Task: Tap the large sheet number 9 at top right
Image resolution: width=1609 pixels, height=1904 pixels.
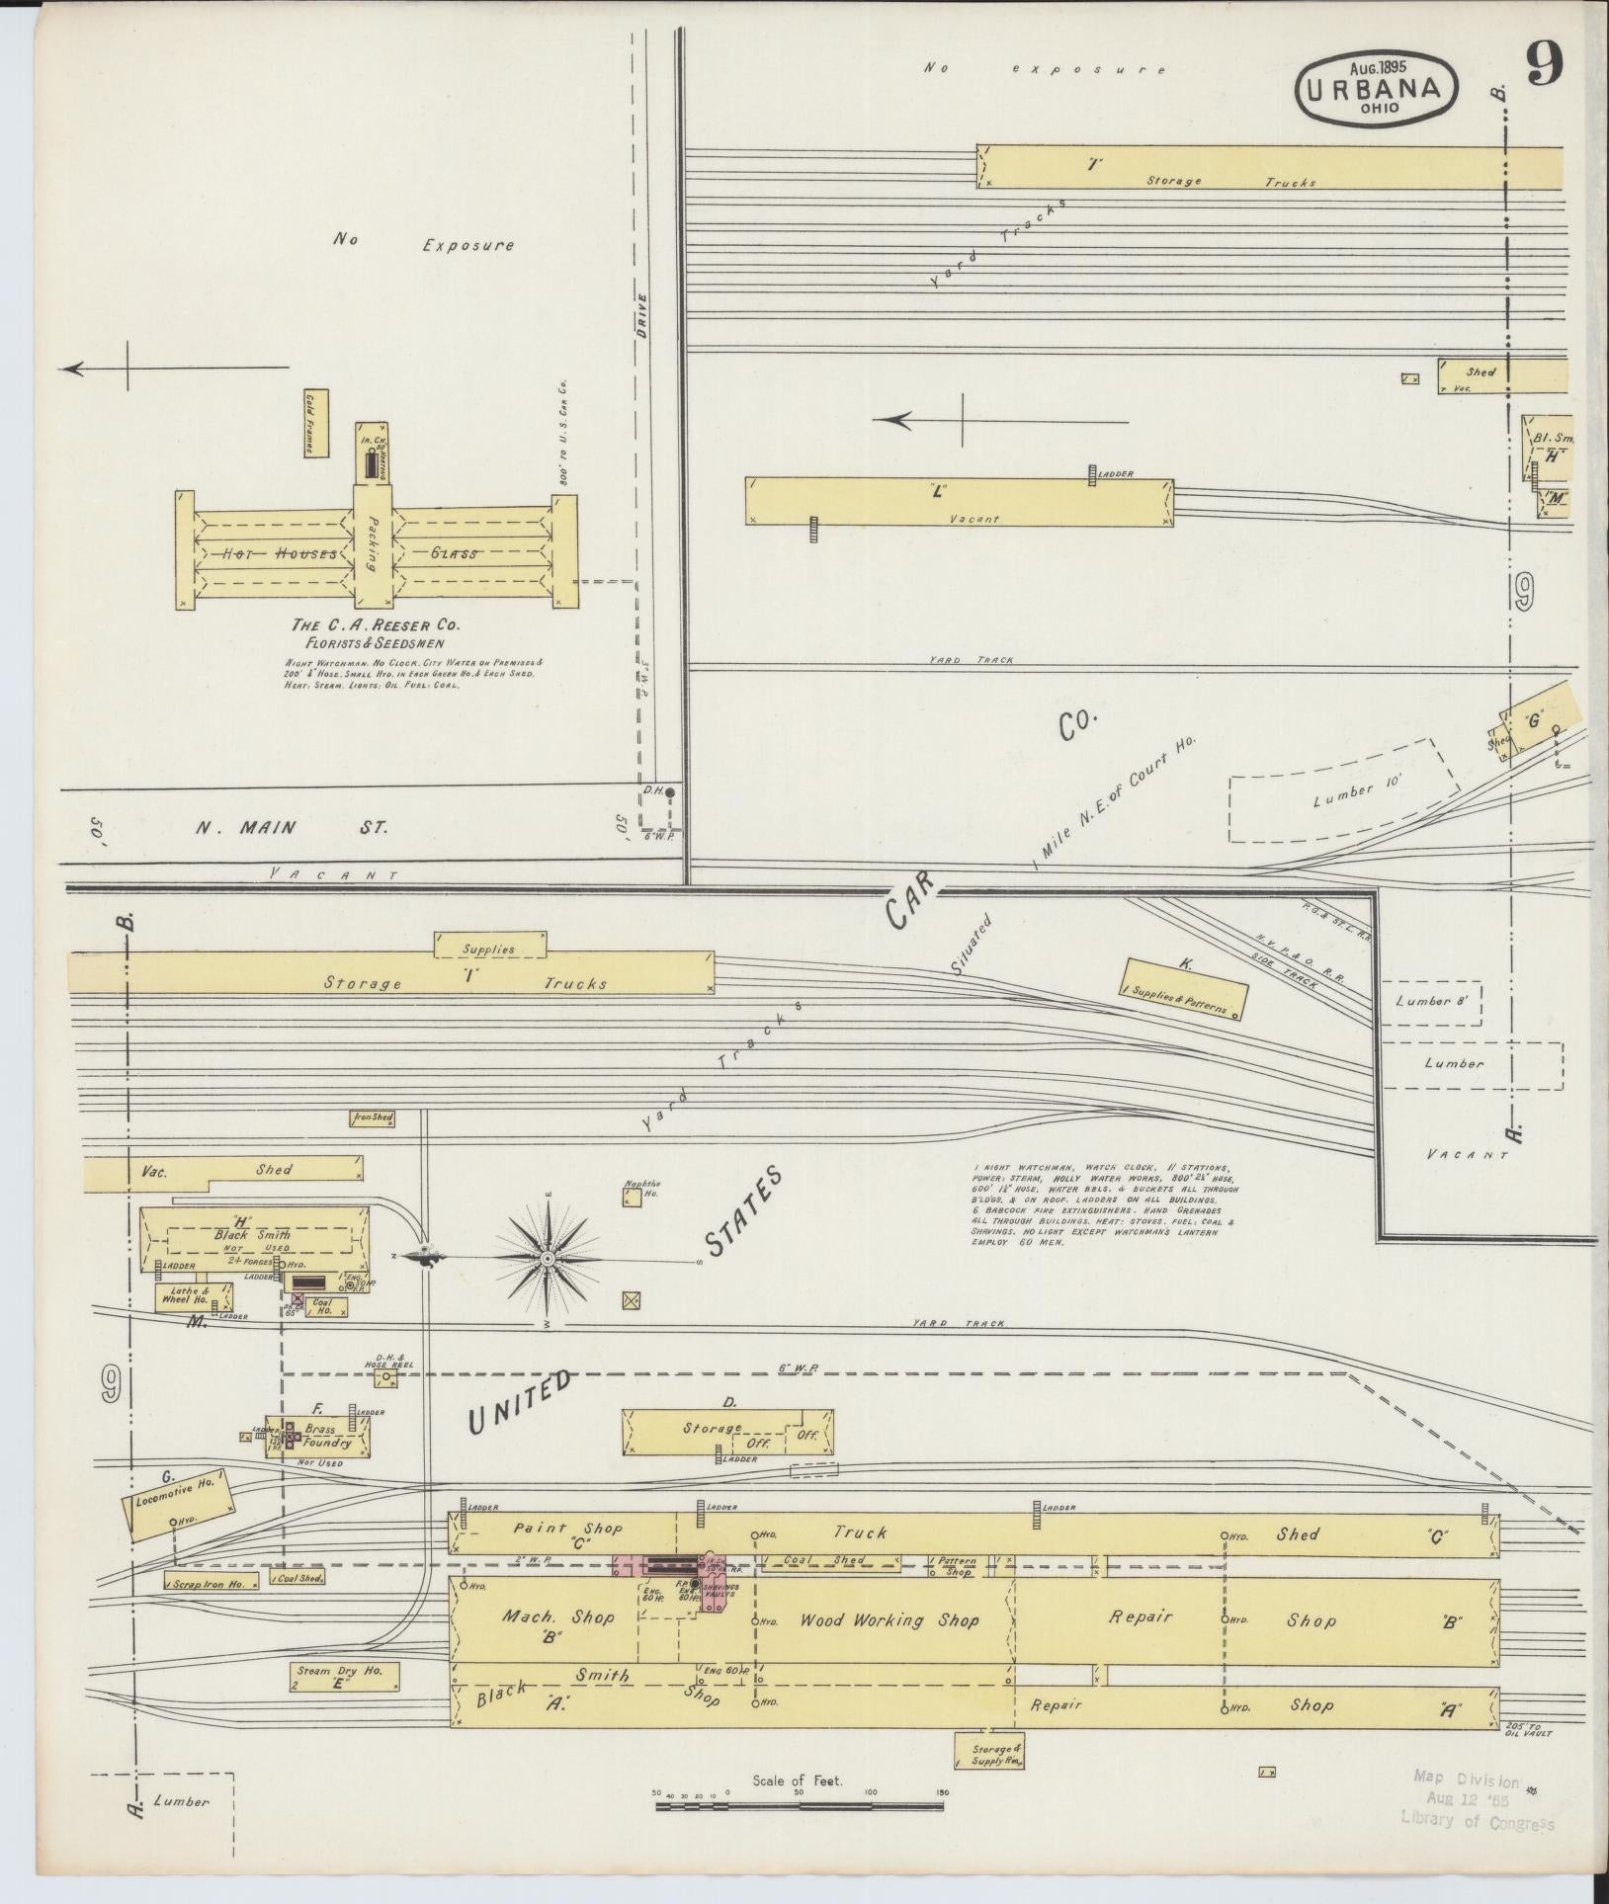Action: [x=1543, y=68]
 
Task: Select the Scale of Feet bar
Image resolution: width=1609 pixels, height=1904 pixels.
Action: [x=799, y=1806]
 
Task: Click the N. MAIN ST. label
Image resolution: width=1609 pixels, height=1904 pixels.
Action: [x=292, y=827]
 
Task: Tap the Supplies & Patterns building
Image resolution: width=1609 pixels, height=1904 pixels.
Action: [x=1182, y=988]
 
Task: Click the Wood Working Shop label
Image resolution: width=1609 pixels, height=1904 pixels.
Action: [x=889, y=1619]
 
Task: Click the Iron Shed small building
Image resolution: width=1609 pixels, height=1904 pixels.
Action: [x=373, y=1118]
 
